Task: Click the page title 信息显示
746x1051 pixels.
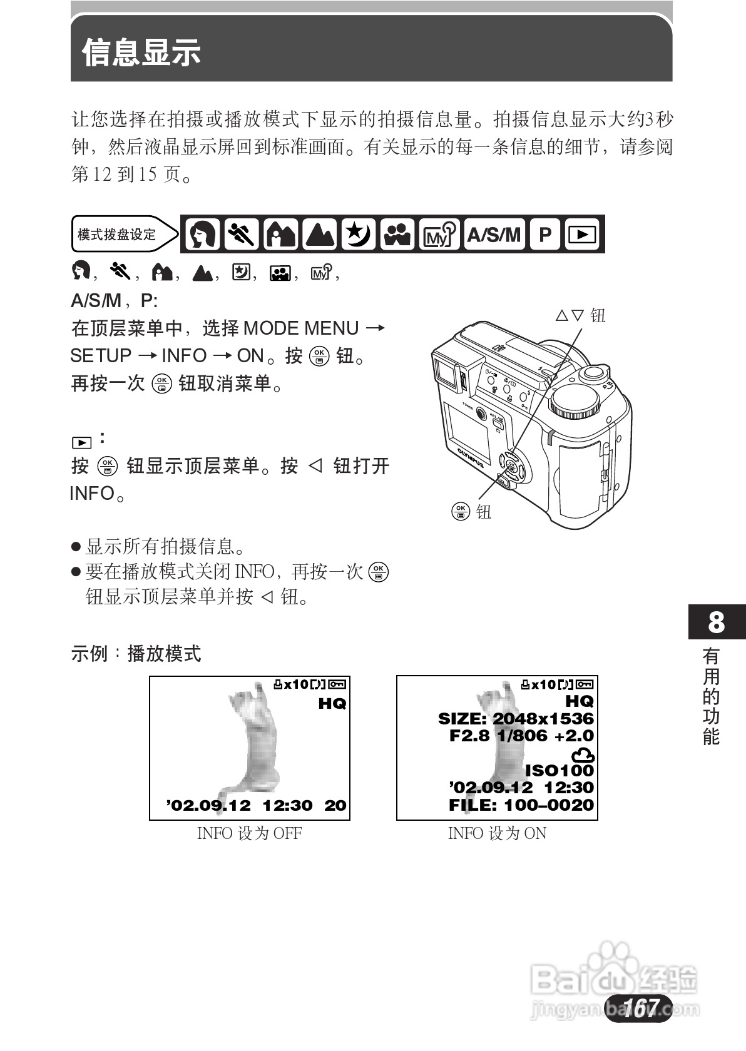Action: (141, 52)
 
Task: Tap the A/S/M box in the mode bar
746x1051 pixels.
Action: (494, 235)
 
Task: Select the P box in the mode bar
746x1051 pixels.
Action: (545, 235)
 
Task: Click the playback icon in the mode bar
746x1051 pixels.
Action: (583, 235)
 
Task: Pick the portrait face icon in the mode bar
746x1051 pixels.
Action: (203, 235)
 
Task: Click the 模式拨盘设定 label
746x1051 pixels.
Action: (117, 235)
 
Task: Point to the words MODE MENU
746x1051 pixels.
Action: (301, 328)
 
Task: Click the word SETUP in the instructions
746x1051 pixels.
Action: (101, 356)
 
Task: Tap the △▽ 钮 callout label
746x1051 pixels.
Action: (580, 315)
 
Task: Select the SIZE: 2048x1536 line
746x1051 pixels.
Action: (516, 719)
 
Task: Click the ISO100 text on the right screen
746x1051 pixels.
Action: (559, 771)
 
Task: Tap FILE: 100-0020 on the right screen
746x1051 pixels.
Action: (521, 805)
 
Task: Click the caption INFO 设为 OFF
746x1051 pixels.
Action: (249, 833)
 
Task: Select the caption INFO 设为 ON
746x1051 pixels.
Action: (497, 833)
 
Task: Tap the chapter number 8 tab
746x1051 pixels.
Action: (717, 622)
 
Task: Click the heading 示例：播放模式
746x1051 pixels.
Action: (136, 654)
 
